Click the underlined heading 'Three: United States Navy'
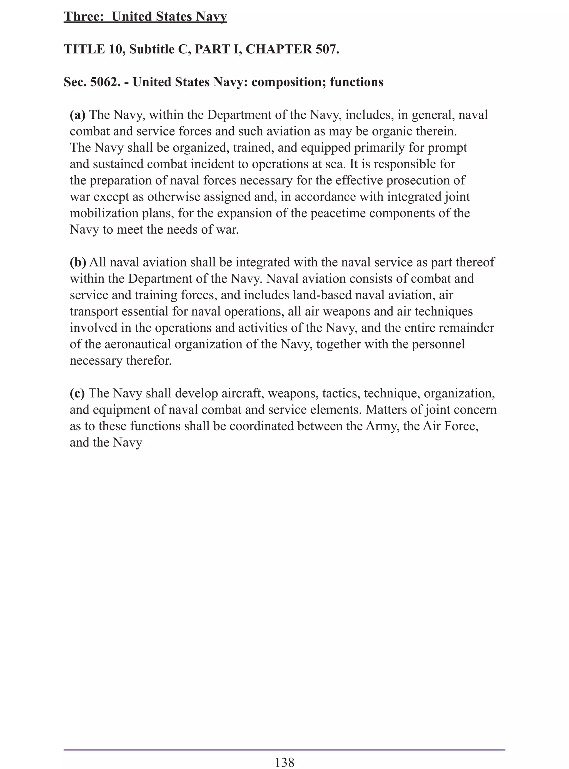tap(145, 16)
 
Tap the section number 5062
tap(105, 82)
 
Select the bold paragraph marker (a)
tap(78, 115)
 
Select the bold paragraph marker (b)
tap(78, 262)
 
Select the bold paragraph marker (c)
tap(77, 393)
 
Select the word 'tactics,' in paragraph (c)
tap(341, 393)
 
